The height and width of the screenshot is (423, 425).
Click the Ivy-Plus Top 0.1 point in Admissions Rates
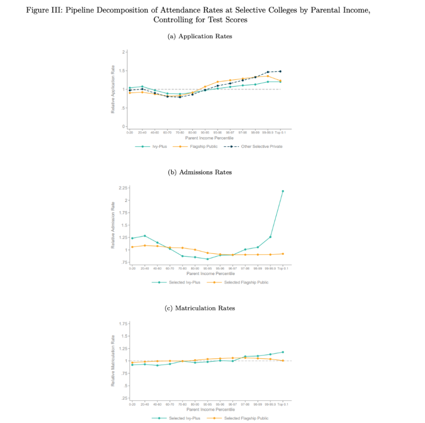283,191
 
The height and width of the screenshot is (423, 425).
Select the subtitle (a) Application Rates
200,36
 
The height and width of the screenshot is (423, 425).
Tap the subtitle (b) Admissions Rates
200,172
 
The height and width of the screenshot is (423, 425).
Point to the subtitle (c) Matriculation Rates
200,308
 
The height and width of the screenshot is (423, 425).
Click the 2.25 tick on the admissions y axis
122,188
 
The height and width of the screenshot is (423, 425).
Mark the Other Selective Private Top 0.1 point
280,71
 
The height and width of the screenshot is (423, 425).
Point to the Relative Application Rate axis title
113,89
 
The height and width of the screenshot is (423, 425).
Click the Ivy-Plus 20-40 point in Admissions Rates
145,236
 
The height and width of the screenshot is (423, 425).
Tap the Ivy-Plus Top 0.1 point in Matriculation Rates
283,352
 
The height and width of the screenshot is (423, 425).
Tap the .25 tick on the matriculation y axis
124,398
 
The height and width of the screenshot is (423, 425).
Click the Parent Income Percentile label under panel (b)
207,274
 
